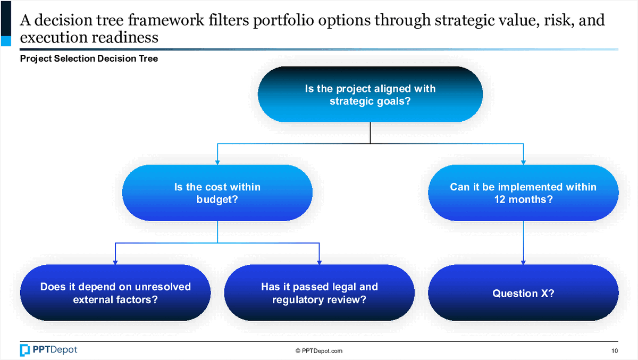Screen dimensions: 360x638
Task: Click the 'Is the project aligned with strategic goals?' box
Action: (x=370, y=95)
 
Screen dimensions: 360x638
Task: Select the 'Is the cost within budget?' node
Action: (x=217, y=193)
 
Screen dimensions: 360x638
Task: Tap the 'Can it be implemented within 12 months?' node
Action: (x=523, y=193)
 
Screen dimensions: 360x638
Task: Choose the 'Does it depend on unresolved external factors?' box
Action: (x=115, y=293)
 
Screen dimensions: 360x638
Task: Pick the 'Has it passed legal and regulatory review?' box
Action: (x=319, y=293)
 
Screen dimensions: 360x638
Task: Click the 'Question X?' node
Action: (x=523, y=293)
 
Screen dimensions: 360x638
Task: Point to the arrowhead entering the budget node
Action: (x=217, y=162)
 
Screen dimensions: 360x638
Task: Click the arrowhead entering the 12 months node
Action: (x=524, y=162)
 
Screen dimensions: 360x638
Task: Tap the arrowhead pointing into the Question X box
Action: (x=524, y=262)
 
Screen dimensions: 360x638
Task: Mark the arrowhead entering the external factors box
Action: (x=115, y=262)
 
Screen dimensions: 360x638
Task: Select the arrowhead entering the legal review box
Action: (x=319, y=262)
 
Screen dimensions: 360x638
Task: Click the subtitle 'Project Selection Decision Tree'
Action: (x=89, y=59)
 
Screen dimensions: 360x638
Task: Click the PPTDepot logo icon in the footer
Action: (x=25, y=350)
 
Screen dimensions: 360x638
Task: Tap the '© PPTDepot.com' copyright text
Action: (x=319, y=351)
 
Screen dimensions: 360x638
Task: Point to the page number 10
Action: (x=615, y=351)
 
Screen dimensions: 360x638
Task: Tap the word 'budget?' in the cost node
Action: (x=217, y=200)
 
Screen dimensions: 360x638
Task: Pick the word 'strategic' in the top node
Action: (x=351, y=102)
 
